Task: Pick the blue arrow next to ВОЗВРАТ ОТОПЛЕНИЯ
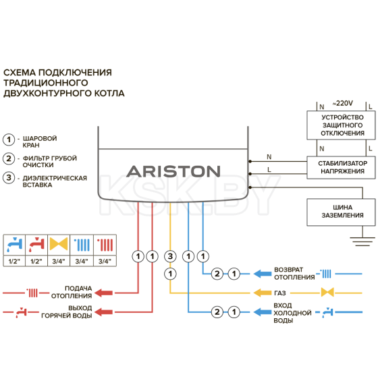click(x=260, y=274)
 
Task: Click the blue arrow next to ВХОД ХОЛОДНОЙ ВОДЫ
click(x=260, y=311)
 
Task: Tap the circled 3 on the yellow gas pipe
click(x=170, y=256)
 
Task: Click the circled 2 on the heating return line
click(x=217, y=274)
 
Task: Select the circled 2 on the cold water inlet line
click(x=217, y=311)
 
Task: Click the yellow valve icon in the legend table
click(x=59, y=243)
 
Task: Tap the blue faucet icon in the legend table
click(x=14, y=243)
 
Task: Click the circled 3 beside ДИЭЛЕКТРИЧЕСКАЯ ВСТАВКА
click(x=9, y=178)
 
